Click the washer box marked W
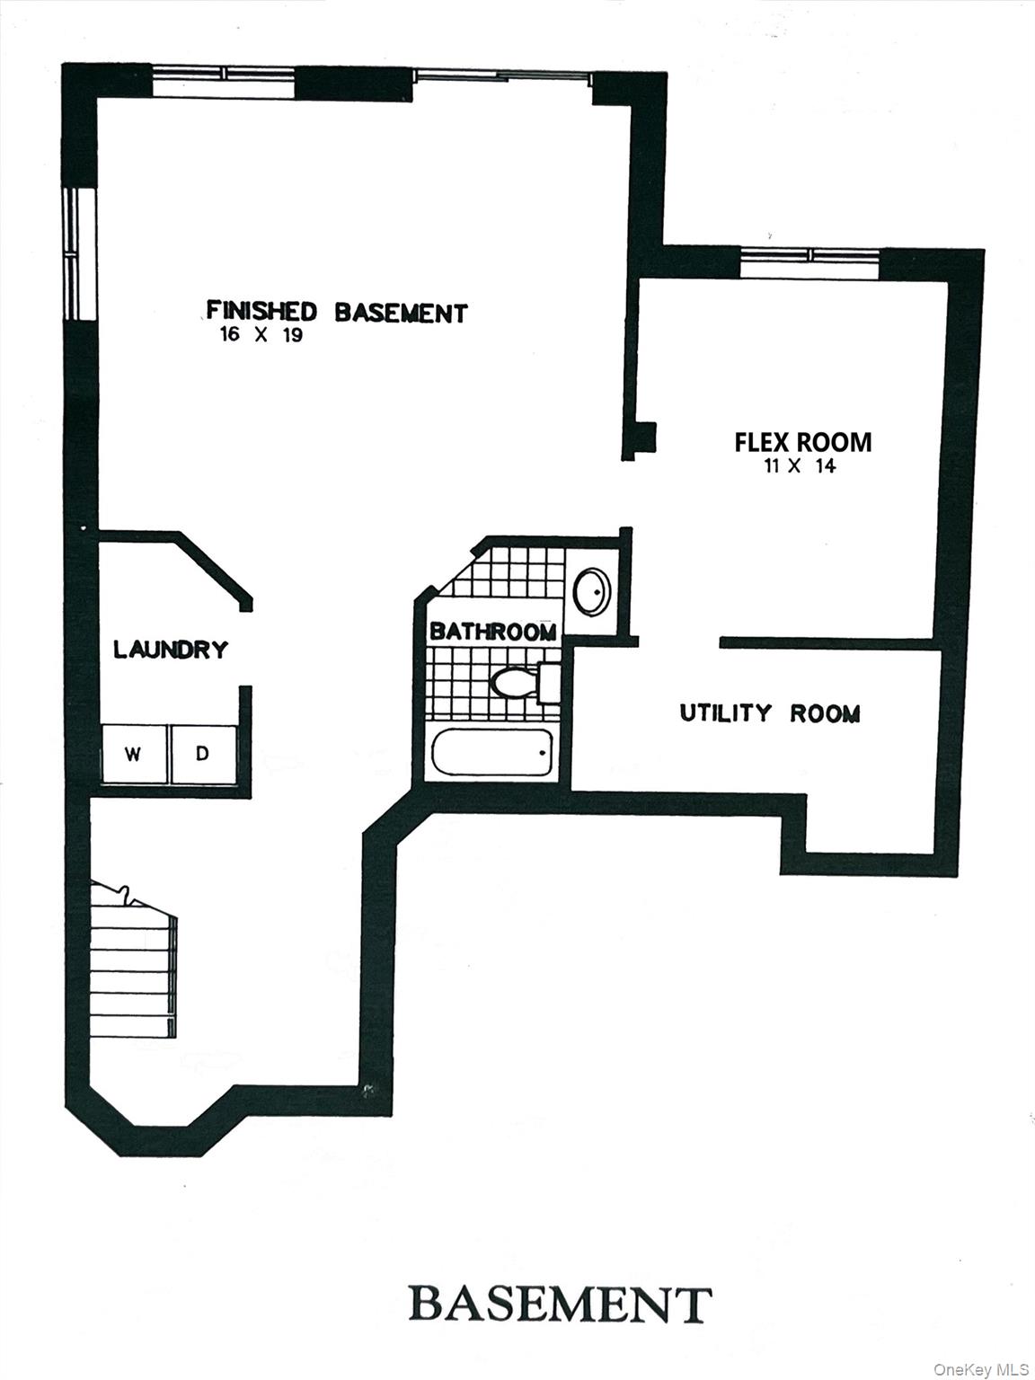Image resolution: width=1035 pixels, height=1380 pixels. tap(132, 754)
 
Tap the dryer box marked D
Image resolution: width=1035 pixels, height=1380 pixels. tap(203, 754)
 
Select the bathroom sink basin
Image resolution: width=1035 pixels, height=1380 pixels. tap(591, 591)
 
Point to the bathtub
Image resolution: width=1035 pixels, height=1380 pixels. tap(491, 753)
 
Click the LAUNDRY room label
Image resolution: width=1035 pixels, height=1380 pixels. tap(171, 649)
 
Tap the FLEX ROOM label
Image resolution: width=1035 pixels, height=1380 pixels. tap(802, 442)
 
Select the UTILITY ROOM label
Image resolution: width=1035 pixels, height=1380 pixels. tap(770, 713)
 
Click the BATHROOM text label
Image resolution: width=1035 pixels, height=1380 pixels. tap(492, 632)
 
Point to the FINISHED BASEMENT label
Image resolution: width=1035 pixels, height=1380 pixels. tap(337, 312)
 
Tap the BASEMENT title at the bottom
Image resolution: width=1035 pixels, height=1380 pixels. tap(561, 1304)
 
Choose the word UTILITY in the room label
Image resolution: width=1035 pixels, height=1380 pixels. tap(725, 713)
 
